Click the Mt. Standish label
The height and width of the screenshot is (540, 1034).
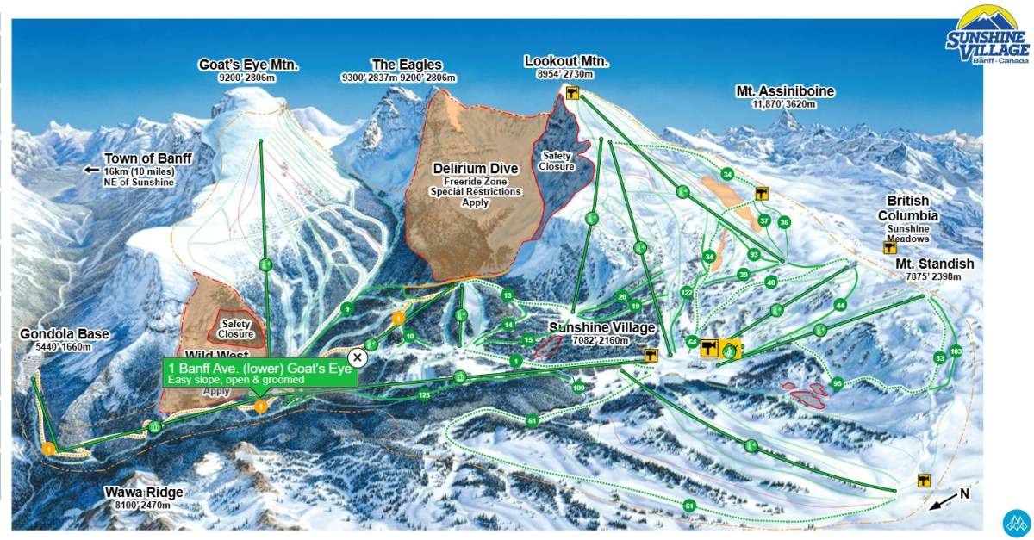tap(934, 264)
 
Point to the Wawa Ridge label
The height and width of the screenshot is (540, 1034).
tap(145, 493)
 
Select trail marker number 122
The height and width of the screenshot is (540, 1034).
tap(687, 293)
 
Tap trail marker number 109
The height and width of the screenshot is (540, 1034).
tap(578, 388)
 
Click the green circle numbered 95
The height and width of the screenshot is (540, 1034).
tap(837, 383)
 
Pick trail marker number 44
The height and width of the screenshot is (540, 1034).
tap(840, 305)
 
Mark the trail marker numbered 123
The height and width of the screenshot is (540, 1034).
tap(424, 395)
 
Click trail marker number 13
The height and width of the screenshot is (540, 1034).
tap(508, 295)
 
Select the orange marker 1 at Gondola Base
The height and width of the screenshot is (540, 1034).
tap(49, 448)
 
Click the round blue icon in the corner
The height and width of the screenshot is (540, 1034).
tap(1016, 524)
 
